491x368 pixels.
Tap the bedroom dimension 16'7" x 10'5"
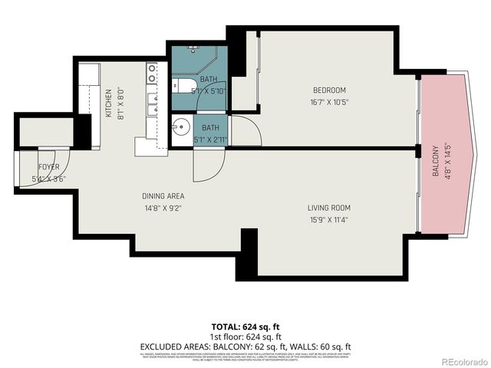330,102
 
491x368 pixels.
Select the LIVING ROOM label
329,208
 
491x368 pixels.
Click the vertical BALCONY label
435,161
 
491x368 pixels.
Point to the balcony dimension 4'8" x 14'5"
447,161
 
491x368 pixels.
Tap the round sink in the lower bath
181,128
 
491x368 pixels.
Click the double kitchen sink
153,103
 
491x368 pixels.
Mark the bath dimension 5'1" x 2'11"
210,140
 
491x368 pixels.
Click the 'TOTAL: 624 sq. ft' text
245,327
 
